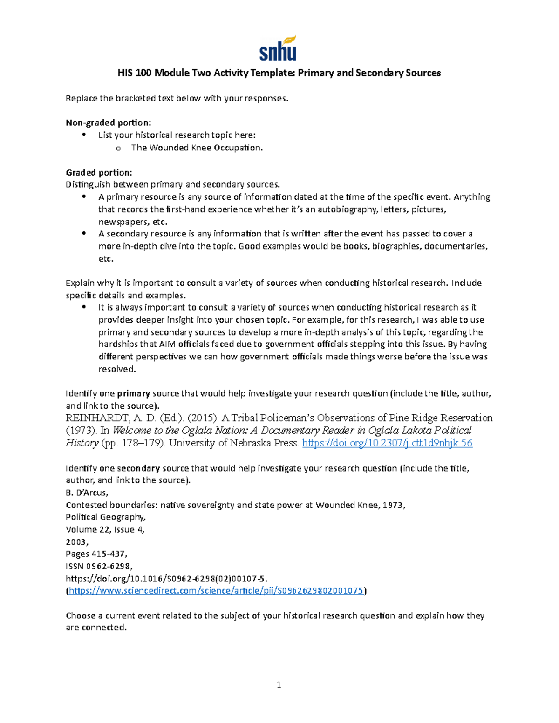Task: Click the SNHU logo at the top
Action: (278, 48)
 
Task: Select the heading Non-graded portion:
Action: (108, 122)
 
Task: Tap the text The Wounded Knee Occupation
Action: (197, 148)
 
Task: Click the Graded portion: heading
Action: (99, 172)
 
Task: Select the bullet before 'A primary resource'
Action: (84, 197)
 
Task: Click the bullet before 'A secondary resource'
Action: (84, 234)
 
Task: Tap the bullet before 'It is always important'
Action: (84, 307)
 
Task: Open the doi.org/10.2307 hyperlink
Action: (387, 443)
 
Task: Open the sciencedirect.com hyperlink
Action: (216, 591)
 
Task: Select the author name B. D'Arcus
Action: (87, 493)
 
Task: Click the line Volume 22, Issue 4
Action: (105, 529)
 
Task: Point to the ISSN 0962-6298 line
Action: (99, 566)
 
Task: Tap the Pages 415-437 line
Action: (96, 554)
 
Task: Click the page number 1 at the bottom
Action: (279, 684)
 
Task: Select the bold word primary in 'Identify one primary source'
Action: (133, 393)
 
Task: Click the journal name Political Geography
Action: (106, 517)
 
